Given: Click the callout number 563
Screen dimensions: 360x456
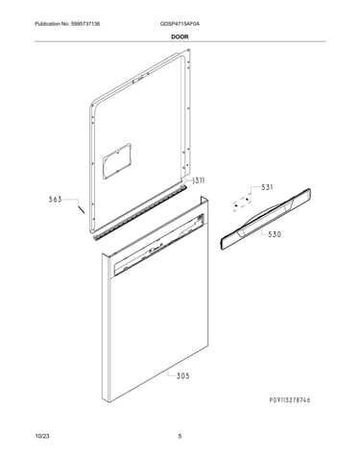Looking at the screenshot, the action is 55,200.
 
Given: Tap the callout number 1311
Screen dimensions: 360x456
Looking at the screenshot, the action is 198,180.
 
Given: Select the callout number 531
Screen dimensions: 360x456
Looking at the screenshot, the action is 267,187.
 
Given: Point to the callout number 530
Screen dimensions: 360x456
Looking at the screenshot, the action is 275,234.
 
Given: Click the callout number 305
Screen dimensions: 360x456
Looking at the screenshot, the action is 183,376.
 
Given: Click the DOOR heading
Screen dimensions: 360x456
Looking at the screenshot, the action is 180,36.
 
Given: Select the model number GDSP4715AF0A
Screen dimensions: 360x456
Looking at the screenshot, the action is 180,24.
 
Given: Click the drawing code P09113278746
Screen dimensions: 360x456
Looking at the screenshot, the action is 290,400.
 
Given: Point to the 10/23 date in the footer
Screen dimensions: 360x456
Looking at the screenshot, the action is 42,436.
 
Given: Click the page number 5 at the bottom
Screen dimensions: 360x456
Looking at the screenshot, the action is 180,436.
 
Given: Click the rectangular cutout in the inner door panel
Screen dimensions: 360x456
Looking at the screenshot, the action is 117,161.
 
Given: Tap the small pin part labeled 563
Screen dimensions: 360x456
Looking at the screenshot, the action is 82,209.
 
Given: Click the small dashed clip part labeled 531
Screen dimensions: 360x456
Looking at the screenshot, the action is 242,203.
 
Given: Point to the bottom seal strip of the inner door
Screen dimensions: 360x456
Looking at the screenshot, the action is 140,211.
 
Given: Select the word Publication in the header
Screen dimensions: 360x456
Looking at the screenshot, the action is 46,24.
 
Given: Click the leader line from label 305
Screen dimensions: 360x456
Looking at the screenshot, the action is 172,373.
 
